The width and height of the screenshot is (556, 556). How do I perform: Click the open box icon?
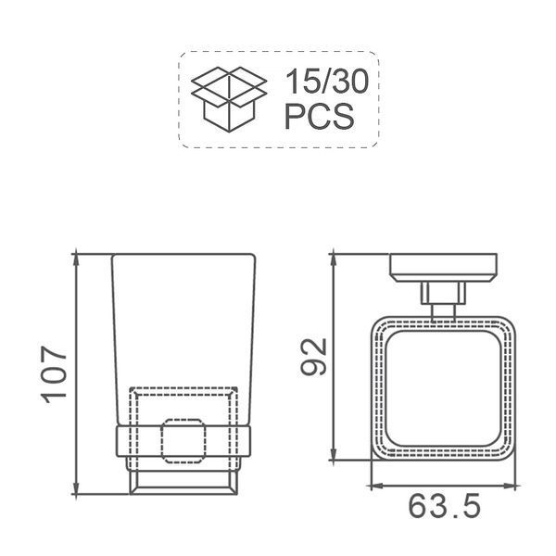(229, 99)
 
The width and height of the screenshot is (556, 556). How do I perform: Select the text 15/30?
(326, 82)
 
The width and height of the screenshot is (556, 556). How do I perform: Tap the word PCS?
(319, 116)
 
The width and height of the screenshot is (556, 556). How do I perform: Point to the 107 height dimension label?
(54, 374)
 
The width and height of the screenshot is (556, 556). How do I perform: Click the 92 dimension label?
(313, 357)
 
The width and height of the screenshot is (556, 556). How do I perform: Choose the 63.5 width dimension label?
(445, 506)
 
